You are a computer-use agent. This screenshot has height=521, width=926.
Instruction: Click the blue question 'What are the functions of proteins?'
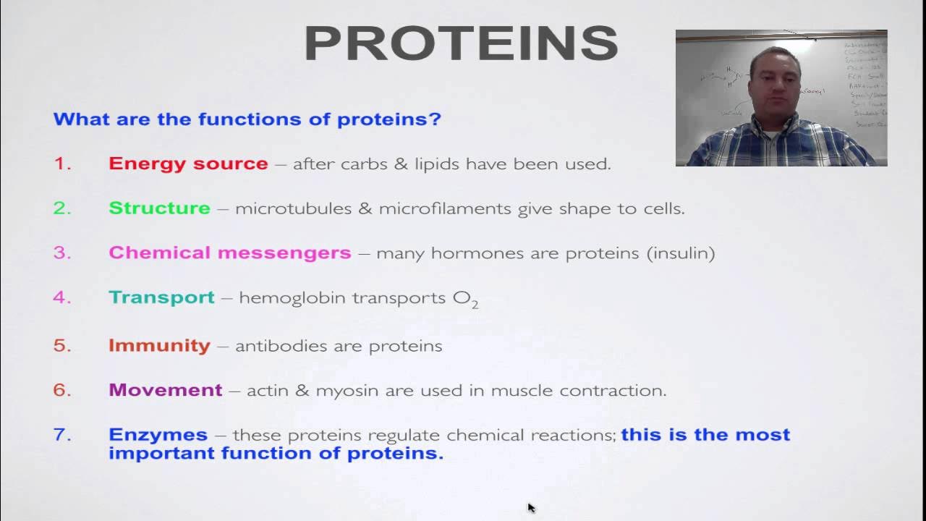pyautogui.click(x=247, y=119)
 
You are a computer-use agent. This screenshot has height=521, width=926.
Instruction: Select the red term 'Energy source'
pyautogui.click(x=188, y=164)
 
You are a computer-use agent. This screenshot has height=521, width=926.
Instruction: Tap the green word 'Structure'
pyautogui.click(x=159, y=208)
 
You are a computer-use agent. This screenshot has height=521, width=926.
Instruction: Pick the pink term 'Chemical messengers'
pyautogui.click(x=229, y=253)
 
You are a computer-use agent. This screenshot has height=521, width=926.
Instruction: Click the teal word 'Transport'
pyautogui.click(x=161, y=297)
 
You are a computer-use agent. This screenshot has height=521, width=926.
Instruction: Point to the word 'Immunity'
pyautogui.click(x=159, y=346)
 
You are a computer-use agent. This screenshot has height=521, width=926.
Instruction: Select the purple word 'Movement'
pyautogui.click(x=165, y=391)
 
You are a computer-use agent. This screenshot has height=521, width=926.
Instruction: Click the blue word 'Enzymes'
pyautogui.click(x=158, y=435)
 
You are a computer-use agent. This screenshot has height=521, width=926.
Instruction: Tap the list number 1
pyautogui.click(x=62, y=164)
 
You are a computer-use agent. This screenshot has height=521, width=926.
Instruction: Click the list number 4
pyautogui.click(x=62, y=297)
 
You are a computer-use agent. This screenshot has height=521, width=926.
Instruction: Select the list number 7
pyautogui.click(x=62, y=435)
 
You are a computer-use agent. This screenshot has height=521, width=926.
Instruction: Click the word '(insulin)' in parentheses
pyautogui.click(x=681, y=253)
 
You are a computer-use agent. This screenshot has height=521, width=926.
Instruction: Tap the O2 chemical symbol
pyautogui.click(x=465, y=299)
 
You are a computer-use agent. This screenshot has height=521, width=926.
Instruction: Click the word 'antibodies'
pyautogui.click(x=279, y=346)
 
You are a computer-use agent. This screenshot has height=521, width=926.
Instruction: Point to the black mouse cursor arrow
pyautogui.click(x=531, y=508)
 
